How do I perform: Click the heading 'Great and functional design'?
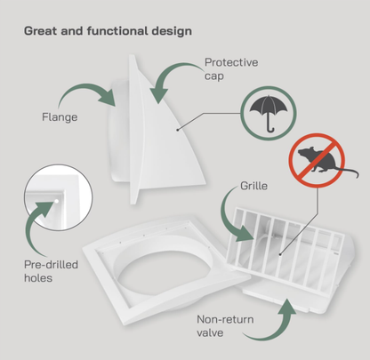tap(108, 31)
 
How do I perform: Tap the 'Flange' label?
tap(60, 117)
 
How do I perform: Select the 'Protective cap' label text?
tap(231, 69)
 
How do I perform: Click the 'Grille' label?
tap(253, 186)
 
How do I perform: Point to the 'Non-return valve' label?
tap(225, 326)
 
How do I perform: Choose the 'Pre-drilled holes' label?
tap(51, 271)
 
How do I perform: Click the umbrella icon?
tap(269, 113)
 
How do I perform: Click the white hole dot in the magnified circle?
tap(56, 201)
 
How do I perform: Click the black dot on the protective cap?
tap(177, 130)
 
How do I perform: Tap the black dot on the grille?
tap(280, 254)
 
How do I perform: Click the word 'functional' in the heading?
tap(117, 31)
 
